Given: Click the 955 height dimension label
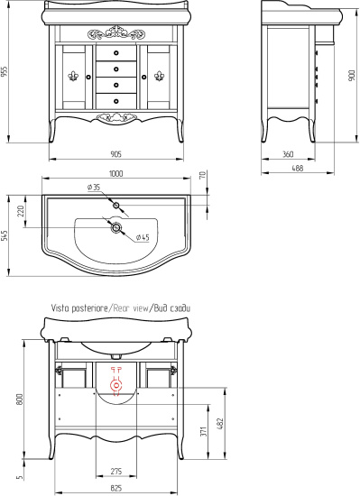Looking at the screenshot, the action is click(x=5, y=71).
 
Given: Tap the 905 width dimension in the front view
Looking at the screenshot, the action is click(x=116, y=154).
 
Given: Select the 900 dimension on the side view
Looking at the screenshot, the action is click(x=352, y=76).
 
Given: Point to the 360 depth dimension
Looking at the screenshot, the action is click(x=288, y=154).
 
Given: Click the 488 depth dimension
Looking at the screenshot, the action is click(x=298, y=168).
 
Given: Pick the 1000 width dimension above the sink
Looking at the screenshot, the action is click(x=116, y=174).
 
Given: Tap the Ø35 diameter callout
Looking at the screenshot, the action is click(x=94, y=188).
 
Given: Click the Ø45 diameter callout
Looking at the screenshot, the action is click(x=143, y=237).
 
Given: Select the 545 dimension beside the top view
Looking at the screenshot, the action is click(x=5, y=235).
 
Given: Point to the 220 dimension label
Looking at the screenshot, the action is click(x=21, y=211).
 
